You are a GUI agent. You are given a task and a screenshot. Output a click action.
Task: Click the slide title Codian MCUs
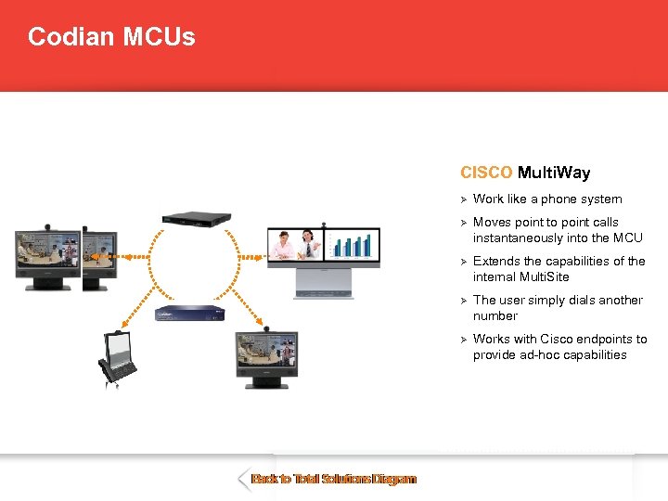[x=111, y=37]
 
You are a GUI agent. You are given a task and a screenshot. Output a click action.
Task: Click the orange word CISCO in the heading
[x=486, y=173]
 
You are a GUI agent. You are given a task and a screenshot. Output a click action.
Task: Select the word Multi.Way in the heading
[x=554, y=173]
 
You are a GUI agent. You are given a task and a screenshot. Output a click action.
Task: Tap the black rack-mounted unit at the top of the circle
[x=196, y=218]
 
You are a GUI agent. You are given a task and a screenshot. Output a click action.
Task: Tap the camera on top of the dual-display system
[x=323, y=224]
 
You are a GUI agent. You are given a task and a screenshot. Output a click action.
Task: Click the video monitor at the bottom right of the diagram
[x=266, y=356]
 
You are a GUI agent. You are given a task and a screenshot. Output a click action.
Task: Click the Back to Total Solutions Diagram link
[x=334, y=480]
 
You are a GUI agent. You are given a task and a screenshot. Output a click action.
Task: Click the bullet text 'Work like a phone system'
[x=547, y=199]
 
